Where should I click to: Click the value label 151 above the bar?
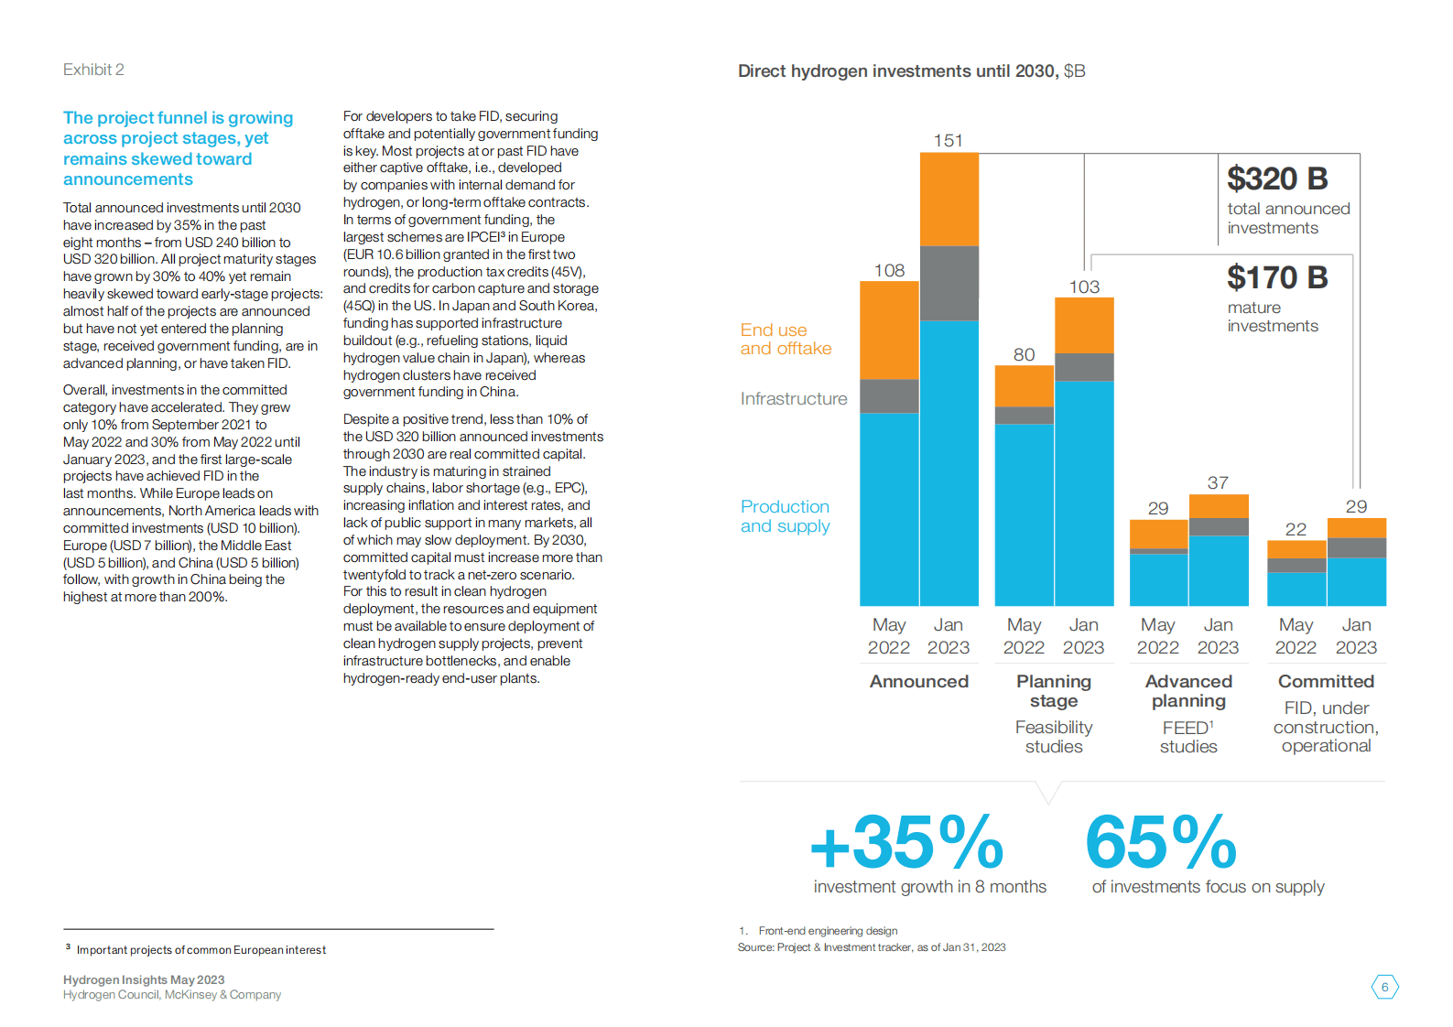(948, 140)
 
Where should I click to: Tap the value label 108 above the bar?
(889, 270)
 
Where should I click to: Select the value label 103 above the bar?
(1084, 286)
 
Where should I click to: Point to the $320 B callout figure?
(1277, 178)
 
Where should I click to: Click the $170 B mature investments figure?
(1277, 277)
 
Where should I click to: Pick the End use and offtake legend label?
(786, 339)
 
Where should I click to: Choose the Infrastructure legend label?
(794, 398)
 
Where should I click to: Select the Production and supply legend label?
(785, 516)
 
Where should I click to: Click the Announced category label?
(918, 681)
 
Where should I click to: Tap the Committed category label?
(1326, 681)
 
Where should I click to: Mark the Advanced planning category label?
(1188, 691)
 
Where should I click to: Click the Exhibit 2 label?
(93, 70)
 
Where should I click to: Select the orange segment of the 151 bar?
(949, 199)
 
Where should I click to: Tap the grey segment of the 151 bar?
(949, 283)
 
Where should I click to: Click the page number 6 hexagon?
(1384, 987)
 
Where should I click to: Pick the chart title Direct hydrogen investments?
(911, 71)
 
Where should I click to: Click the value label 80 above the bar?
(1024, 354)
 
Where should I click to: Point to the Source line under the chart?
(871, 947)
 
